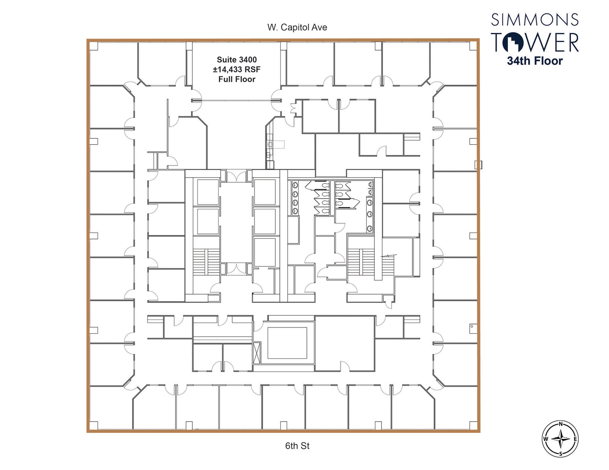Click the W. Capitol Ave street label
[x=297, y=27]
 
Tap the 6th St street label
[x=297, y=446]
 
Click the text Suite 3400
[x=237, y=60]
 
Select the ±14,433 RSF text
[x=237, y=69]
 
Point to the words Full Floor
[x=237, y=79]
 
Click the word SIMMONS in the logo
[x=535, y=20]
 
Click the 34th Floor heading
[x=535, y=61]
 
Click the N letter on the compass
[x=561, y=424]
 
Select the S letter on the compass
[x=561, y=453]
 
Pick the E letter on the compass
[x=575, y=439]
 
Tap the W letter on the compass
[x=546, y=439]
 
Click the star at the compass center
[x=561, y=439]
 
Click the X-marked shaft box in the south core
[x=257, y=352]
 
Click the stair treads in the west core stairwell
[x=206, y=262]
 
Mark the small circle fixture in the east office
[x=472, y=326]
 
